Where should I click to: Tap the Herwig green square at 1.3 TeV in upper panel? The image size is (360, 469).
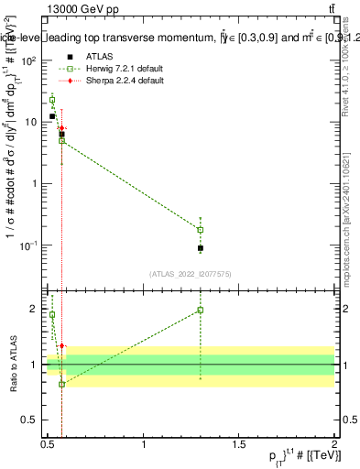[201, 230]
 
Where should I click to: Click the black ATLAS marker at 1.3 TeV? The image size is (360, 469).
[201, 248]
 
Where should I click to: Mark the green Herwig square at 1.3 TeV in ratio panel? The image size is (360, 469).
[201, 311]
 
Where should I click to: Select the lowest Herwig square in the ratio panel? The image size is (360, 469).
[61, 384]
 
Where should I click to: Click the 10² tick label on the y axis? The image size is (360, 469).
[31, 60]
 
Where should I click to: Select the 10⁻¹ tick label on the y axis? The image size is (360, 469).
[31, 245]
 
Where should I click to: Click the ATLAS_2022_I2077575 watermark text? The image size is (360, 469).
[191, 273]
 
